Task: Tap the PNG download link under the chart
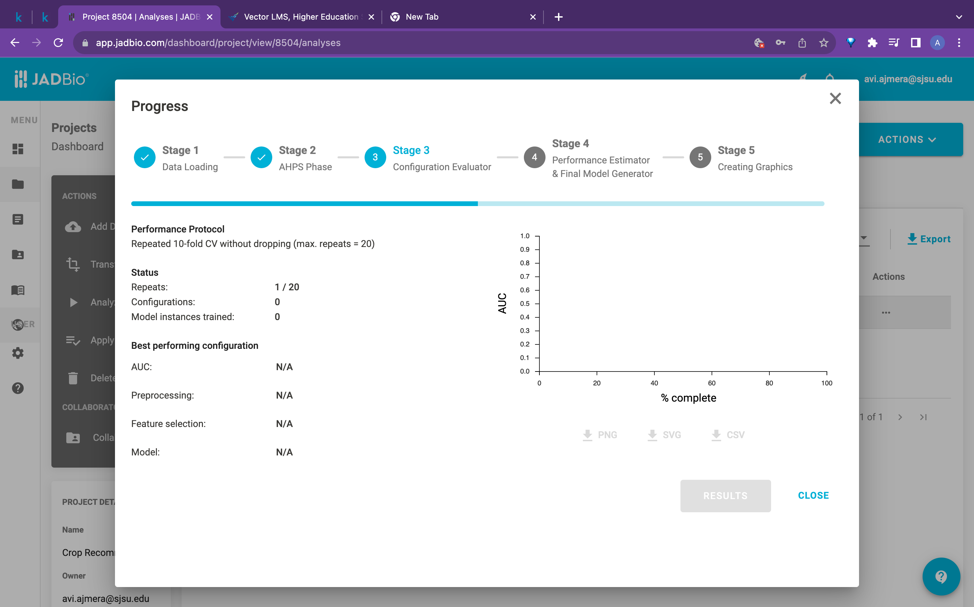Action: [x=600, y=435]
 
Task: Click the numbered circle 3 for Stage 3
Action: [x=375, y=157]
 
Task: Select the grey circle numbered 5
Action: [x=700, y=157]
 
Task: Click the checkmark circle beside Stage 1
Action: [x=144, y=157]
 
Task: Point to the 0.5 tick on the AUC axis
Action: [x=525, y=303]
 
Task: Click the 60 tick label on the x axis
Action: [x=711, y=383]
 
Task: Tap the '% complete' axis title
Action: [x=688, y=398]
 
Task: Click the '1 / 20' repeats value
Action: [x=287, y=287]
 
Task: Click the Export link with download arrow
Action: [x=929, y=239]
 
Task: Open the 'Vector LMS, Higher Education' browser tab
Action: [x=301, y=17]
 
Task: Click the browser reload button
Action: [x=59, y=43]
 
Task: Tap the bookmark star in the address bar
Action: [x=824, y=43]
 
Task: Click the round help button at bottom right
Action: [x=941, y=576]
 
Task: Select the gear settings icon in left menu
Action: [x=18, y=353]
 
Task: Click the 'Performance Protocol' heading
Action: [x=178, y=229]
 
